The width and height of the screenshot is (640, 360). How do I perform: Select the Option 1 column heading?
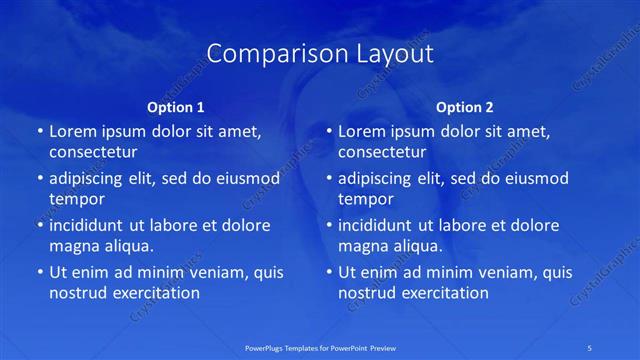176,107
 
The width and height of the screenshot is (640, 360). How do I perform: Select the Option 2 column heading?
465,107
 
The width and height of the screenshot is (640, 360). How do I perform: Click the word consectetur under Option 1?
93,153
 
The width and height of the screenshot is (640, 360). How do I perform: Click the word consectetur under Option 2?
382,153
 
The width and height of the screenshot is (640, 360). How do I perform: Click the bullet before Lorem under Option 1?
39,131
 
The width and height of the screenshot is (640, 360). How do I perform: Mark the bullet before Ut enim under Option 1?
39,272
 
